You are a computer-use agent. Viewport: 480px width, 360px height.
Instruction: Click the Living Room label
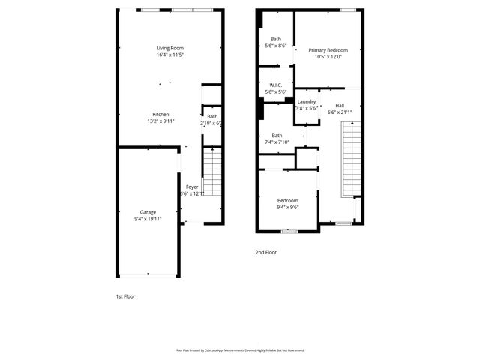point(170,48)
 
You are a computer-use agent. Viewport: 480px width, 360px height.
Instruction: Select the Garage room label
point(148,212)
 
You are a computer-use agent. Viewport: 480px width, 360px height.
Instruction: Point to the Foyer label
point(192,187)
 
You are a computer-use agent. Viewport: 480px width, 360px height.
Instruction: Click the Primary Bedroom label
point(328,50)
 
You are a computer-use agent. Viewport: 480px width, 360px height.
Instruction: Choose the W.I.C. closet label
point(275,85)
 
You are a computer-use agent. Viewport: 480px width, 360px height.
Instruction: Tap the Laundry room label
point(306,101)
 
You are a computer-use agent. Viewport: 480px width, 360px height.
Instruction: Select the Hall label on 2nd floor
point(340,106)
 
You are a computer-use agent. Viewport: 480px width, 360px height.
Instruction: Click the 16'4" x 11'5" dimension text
point(170,55)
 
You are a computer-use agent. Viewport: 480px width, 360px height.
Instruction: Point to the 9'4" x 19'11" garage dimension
point(148,219)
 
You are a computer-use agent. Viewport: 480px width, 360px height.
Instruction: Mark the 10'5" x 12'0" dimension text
point(328,57)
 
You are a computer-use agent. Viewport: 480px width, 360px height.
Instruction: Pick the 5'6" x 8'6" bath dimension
point(276,46)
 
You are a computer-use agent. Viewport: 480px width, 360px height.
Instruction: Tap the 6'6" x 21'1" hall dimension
point(340,112)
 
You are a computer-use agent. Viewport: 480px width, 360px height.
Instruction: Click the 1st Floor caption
point(124,297)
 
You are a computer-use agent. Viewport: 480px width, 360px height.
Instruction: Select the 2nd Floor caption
point(266,253)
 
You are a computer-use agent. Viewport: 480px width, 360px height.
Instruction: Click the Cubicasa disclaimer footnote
point(239,349)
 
